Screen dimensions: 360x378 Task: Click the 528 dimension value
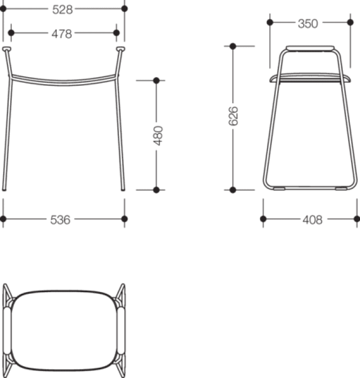[x=63, y=10]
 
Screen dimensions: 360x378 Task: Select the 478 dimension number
[x=62, y=33]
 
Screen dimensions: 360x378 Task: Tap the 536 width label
[x=61, y=220]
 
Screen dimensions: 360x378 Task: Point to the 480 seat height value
[x=158, y=136]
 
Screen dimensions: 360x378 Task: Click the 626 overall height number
[x=234, y=116]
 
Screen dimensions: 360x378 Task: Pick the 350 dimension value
[x=308, y=24]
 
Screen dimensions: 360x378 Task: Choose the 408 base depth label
[x=313, y=220]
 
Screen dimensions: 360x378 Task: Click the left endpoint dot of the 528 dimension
[x=3, y=9]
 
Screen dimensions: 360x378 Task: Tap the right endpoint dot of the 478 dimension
[x=117, y=33]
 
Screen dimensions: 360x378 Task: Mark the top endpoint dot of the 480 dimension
[x=156, y=80]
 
